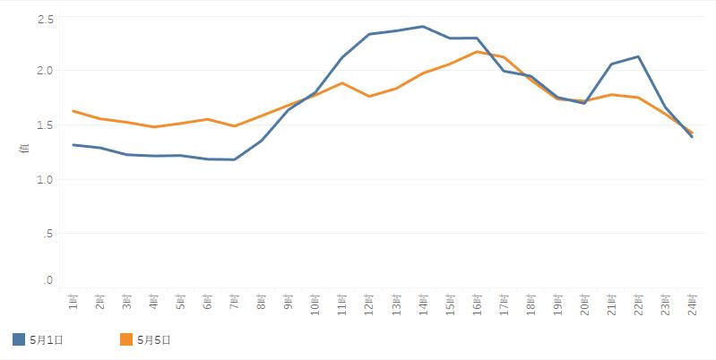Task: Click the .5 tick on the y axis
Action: pos(48,234)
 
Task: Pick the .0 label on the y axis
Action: pos(48,281)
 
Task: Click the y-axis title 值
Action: pos(24,149)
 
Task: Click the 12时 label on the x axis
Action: pos(368,304)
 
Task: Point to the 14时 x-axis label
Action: pos(422,304)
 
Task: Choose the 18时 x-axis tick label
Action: pos(530,304)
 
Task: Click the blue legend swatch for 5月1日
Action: pos(19,339)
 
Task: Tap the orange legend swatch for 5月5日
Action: pos(126,339)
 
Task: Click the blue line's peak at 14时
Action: pos(422,26)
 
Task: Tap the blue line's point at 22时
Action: pos(637,56)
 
